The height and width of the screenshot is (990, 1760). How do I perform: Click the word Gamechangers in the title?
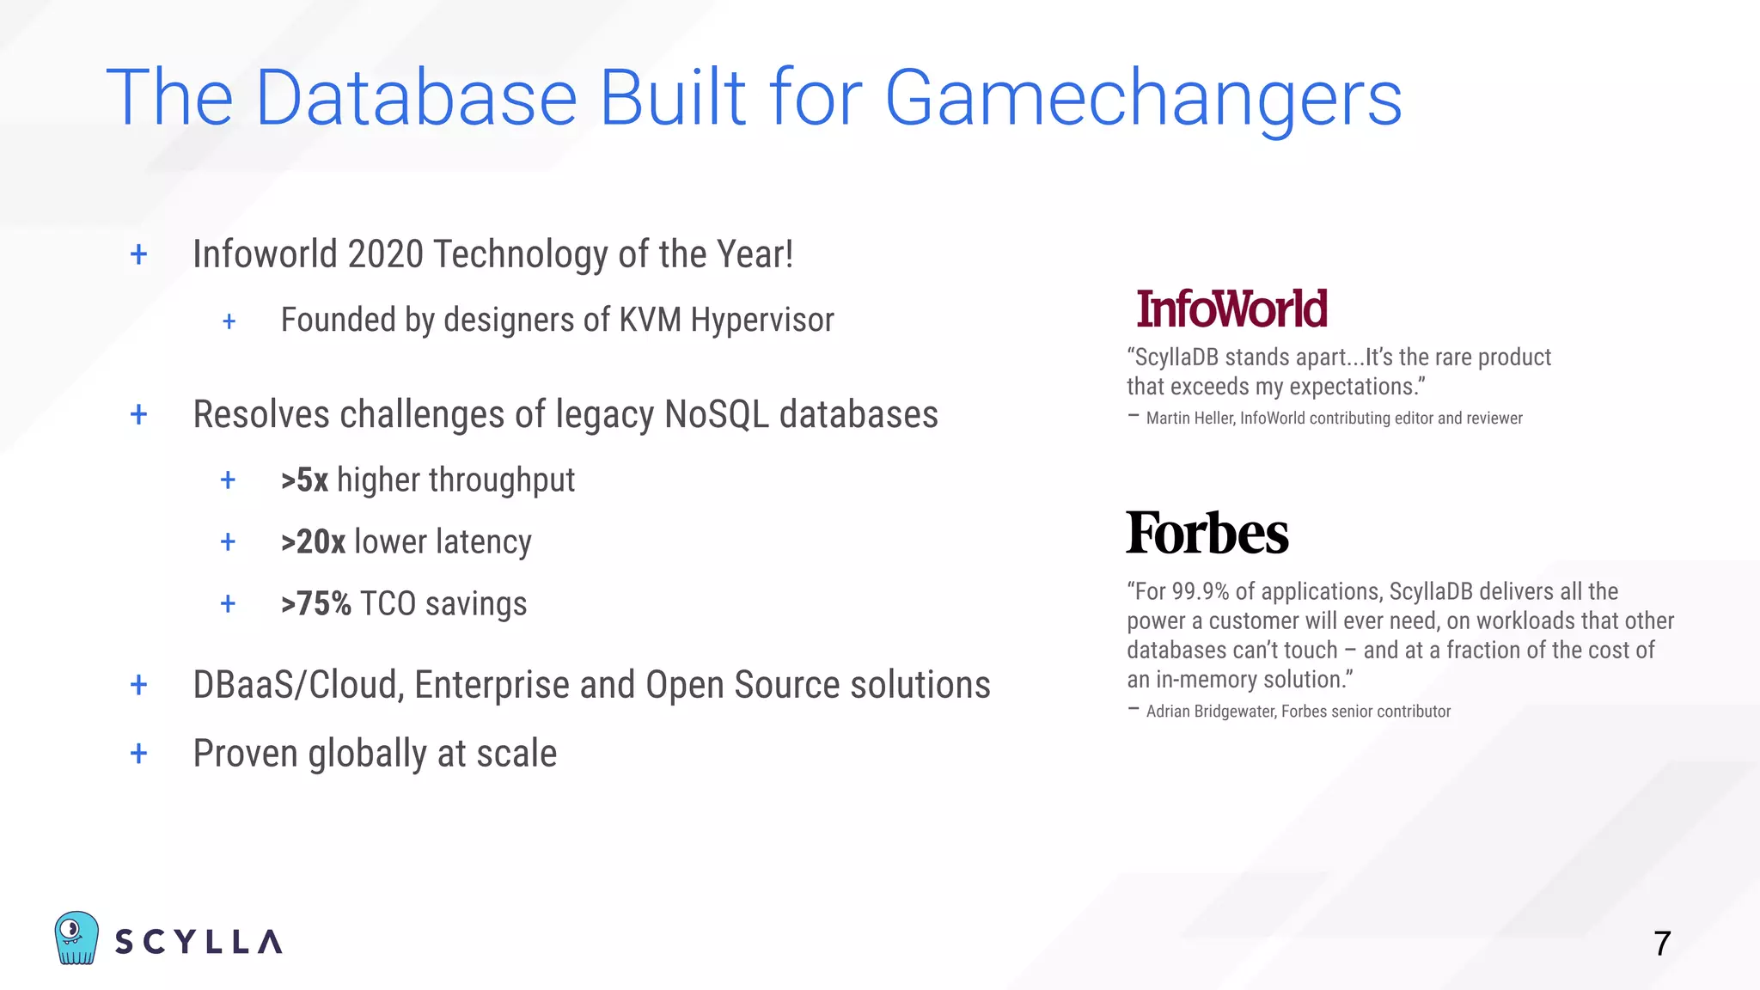[x=1143, y=99]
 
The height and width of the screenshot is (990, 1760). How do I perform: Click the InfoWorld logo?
[x=1231, y=309]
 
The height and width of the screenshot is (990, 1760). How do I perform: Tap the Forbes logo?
[x=1207, y=533]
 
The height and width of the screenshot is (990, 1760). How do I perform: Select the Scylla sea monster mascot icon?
[x=76, y=938]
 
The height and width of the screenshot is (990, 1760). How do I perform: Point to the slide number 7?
[x=1662, y=944]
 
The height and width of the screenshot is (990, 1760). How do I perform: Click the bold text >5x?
[x=305, y=480]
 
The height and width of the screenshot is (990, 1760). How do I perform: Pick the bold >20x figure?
[x=313, y=542]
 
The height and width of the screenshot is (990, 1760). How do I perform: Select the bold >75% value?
[x=315, y=604]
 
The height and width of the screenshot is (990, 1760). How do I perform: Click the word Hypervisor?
[x=762, y=321]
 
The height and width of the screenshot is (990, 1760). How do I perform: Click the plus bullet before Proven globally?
[x=138, y=754]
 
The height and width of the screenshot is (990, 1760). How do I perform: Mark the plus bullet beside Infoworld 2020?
[x=138, y=254]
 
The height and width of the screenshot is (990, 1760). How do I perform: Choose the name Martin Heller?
[x=1189, y=419]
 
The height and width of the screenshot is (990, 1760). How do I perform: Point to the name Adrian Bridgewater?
[x=1210, y=712]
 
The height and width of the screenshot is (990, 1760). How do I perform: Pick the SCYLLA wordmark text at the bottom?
[x=199, y=942]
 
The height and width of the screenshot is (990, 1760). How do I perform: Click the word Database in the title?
[x=416, y=99]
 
